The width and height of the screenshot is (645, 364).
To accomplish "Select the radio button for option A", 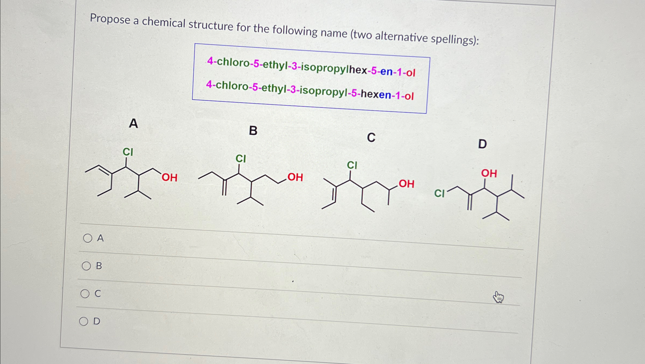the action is pyautogui.click(x=88, y=238).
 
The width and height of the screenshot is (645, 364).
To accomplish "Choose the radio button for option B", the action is pyautogui.click(x=86, y=266).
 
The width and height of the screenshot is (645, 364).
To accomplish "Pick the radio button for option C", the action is pyautogui.click(x=85, y=294).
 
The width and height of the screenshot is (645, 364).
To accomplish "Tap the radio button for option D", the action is pyautogui.click(x=84, y=321).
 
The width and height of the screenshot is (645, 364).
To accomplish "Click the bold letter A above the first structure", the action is pyautogui.click(x=133, y=123).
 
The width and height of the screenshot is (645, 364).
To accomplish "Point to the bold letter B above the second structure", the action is pyautogui.click(x=253, y=131).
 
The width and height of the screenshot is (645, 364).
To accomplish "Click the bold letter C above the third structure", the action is pyautogui.click(x=371, y=137).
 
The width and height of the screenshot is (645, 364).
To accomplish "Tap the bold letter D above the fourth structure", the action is pyautogui.click(x=482, y=144).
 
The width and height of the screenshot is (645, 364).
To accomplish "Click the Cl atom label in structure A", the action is pyautogui.click(x=128, y=152).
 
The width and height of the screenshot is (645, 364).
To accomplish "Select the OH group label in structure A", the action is pyautogui.click(x=170, y=178).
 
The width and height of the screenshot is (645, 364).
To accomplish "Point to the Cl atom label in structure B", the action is pyautogui.click(x=241, y=159).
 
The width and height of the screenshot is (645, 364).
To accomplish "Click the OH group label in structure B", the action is pyautogui.click(x=295, y=177).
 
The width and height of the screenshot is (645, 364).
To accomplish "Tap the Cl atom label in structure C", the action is pyautogui.click(x=352, y=165).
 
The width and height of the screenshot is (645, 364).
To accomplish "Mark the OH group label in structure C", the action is pyautogui.click(x=406, y=184).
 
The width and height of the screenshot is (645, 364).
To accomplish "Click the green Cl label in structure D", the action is pyautogui.click(x=439, y=194).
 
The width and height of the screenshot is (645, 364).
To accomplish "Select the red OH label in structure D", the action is pyautogui.click(x=489, y=173).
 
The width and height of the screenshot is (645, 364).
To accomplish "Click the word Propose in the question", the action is pyautogui.click(x=110, y=19).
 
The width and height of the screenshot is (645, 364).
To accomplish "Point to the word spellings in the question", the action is pyautogui.click(x=454, y=40).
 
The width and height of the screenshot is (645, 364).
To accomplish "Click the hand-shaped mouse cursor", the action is pyautogui.click(x=498, y=297).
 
